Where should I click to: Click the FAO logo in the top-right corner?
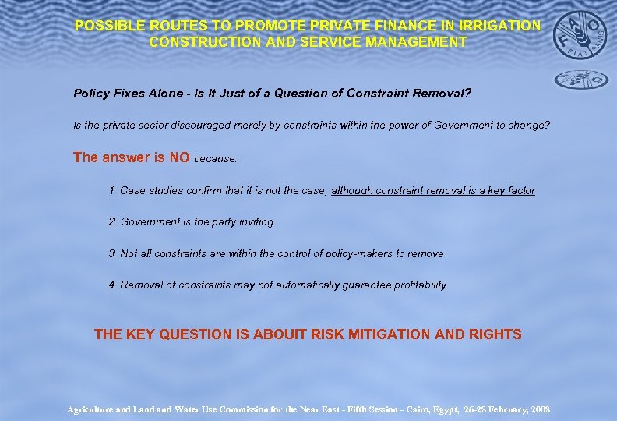tap(580, 35)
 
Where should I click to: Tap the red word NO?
tap(180, 157)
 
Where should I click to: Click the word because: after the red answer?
tap(216, 158)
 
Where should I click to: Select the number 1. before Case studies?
tap(113, 190)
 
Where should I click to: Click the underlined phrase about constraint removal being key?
tap(433, 190)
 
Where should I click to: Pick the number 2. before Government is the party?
tap(113, 222)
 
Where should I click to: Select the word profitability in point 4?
tap(417, 285)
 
